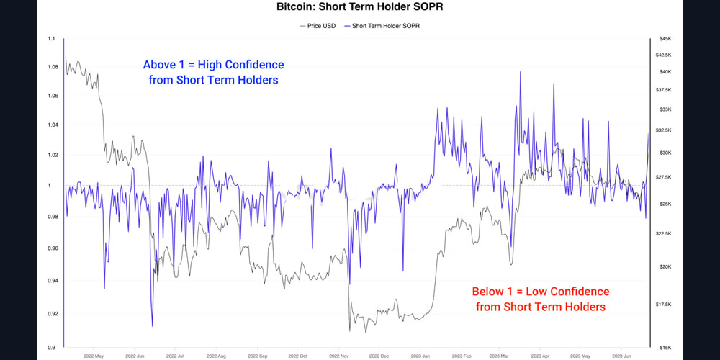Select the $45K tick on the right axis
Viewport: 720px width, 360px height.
[665, 38]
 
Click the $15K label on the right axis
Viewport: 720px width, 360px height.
[665, 347]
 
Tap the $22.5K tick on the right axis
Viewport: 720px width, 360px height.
[667, 233]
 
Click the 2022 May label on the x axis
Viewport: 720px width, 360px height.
[94, 356]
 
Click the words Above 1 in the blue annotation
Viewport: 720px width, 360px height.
[166, 65]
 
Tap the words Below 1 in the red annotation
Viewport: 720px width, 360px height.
[494, 292]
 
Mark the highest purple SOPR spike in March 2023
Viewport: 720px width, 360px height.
[520, 72]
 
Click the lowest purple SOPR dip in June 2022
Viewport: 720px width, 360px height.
[153, 326]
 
